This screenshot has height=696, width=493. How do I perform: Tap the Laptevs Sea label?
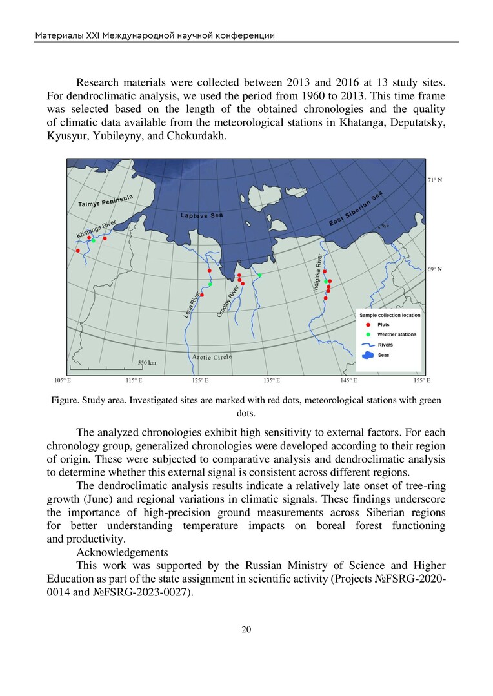202,215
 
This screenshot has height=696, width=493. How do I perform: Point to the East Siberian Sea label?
356,213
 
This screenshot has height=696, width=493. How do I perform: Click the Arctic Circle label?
212,356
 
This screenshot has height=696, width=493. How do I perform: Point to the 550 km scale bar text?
147,363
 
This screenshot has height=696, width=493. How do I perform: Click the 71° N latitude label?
435,180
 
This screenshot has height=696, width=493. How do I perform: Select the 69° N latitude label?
435,269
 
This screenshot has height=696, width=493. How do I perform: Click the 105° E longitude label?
62,381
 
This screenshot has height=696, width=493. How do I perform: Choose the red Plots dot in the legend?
368,325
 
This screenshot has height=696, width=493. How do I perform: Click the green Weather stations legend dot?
368,334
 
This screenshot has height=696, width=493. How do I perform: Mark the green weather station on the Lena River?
210,284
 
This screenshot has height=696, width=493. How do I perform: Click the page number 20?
246,630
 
